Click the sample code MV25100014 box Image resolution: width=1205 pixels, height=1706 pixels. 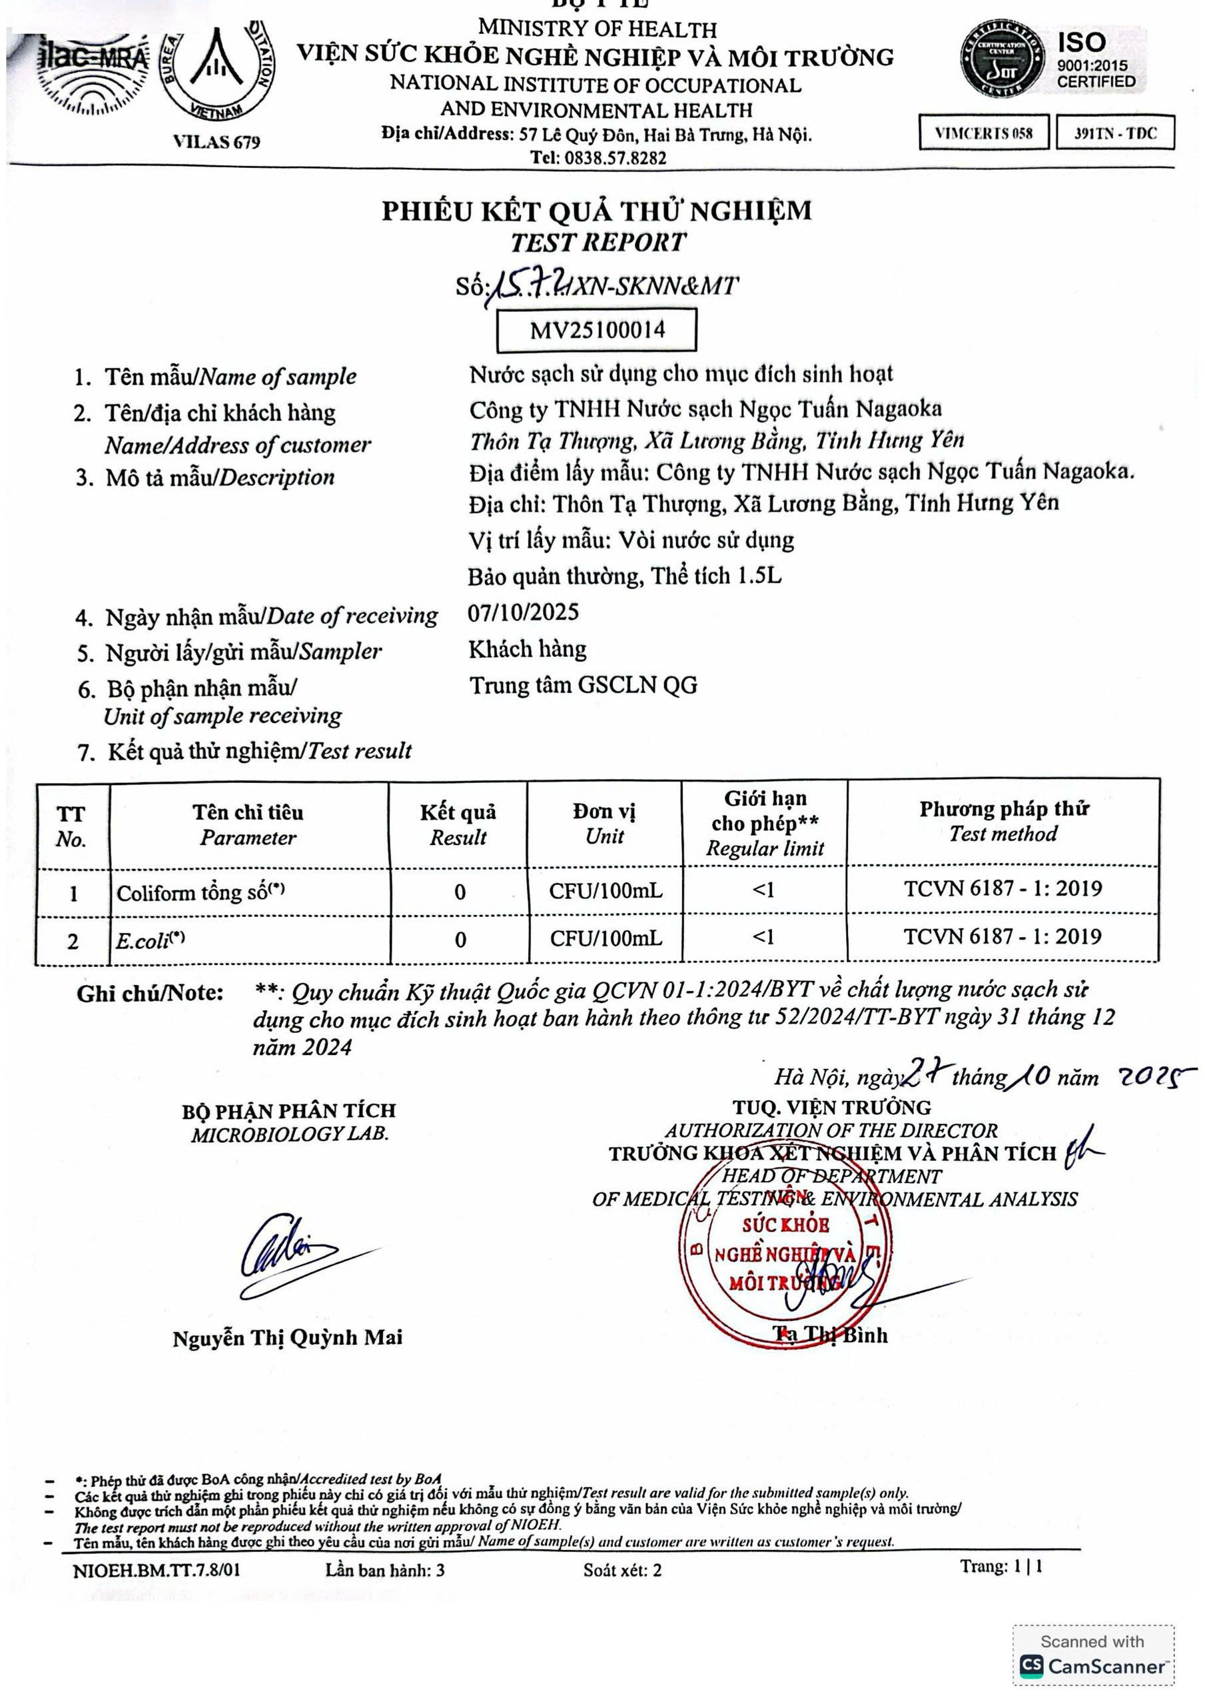[597, 330]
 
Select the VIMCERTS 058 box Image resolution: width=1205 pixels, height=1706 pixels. [984, 133]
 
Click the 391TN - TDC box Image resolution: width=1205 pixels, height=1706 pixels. [1115, 133]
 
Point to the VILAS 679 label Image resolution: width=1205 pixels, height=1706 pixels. [216, 141]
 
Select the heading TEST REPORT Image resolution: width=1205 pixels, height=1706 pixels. [598, 242]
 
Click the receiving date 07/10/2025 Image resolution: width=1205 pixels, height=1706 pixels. [523, 612]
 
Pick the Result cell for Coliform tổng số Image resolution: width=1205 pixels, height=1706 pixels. [459, 892]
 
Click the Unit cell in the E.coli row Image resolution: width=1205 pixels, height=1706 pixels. [605, 938]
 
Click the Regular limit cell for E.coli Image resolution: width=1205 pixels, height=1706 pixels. [764, 938]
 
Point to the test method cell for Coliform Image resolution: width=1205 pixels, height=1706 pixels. [1003, 889]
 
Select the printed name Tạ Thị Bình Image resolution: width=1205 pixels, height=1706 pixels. [830, 1335]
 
